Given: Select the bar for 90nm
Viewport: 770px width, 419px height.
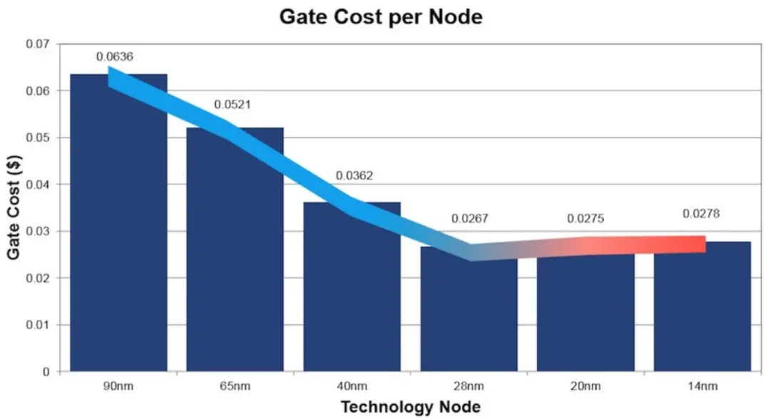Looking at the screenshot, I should [x=118, y=235].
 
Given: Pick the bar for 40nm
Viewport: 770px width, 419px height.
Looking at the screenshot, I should [x=352, y=299].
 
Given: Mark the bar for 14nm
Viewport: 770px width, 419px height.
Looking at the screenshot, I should [x=702, y=314].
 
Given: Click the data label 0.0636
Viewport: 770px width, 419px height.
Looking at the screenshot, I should [x=115, y=57].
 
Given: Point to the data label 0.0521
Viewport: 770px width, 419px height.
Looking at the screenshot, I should [x=232, y=105].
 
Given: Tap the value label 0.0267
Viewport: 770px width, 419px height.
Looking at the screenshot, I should [x=470, y=219].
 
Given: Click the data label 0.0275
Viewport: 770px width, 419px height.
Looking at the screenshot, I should [x=585, y=219].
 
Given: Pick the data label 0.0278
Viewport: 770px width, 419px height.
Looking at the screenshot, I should [x=702, y=214].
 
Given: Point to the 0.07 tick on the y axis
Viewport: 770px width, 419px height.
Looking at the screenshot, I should [x=38, y=44].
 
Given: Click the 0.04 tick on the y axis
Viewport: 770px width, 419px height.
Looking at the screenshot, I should [x=38, y=185].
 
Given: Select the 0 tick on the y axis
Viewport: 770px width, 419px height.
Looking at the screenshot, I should [x=47, y=372].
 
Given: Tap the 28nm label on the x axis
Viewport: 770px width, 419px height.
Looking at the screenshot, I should [x=469, y=387].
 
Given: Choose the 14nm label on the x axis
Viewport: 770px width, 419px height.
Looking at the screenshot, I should [x=702, y=387].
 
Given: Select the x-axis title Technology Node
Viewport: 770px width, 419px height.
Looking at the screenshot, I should [x=411, y=408].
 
